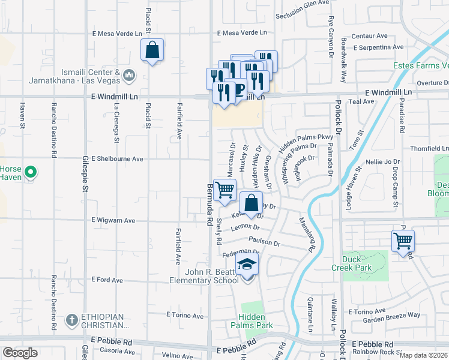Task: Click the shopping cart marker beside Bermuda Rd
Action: coord(224,190)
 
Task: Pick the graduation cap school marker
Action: coord(246,264)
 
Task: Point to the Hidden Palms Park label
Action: coord(255,321)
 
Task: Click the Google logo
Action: coord(20,353)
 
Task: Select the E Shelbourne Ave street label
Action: coord(117,159)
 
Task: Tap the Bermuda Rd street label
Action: coord(209,204)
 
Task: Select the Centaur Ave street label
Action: coord(369,36)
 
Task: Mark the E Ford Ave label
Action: coord(107,280)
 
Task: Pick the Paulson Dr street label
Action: coord(264,242)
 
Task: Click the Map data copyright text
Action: coord(423,355)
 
